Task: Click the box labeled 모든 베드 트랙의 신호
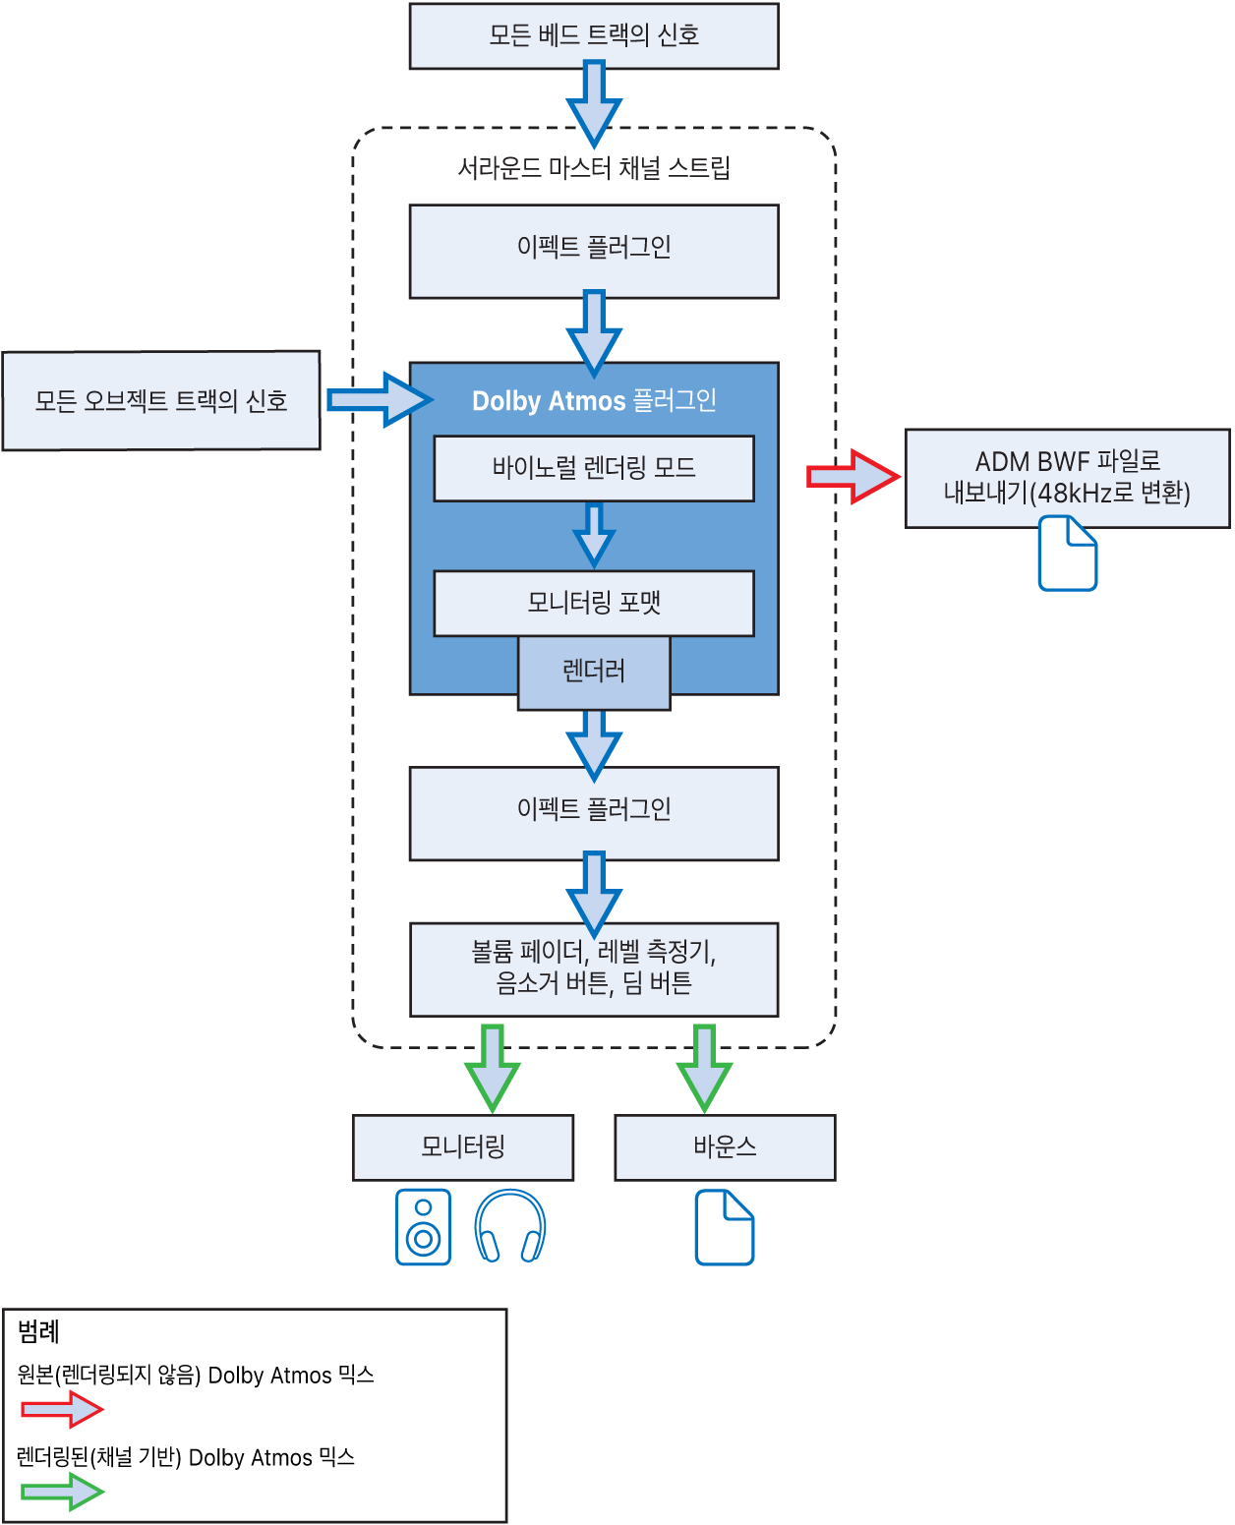[594, 35]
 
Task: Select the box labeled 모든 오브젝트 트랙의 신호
[161, 399]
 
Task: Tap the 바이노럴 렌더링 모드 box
[594, 467]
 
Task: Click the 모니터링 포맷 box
[594, 602]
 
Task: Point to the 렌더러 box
[594, 672]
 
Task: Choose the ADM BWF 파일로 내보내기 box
[1067, 478]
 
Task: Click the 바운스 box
[725, 1146]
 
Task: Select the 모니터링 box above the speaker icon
[462, 1146]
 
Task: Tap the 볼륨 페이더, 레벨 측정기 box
[594, 968]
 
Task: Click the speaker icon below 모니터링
[423, 1226]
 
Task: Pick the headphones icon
[509, 1226]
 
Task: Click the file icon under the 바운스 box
[724, 1226]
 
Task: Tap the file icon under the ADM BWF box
[1067, 553]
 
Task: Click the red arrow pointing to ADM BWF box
[852, 476]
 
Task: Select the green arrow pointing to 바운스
[704, 1068]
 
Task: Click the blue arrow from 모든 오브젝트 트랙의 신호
[380, 399]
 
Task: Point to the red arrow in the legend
[62, 1409]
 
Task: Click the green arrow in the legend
[62, 1492]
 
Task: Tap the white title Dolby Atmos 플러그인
[594, 400]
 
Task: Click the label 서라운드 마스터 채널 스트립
[594, 168]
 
